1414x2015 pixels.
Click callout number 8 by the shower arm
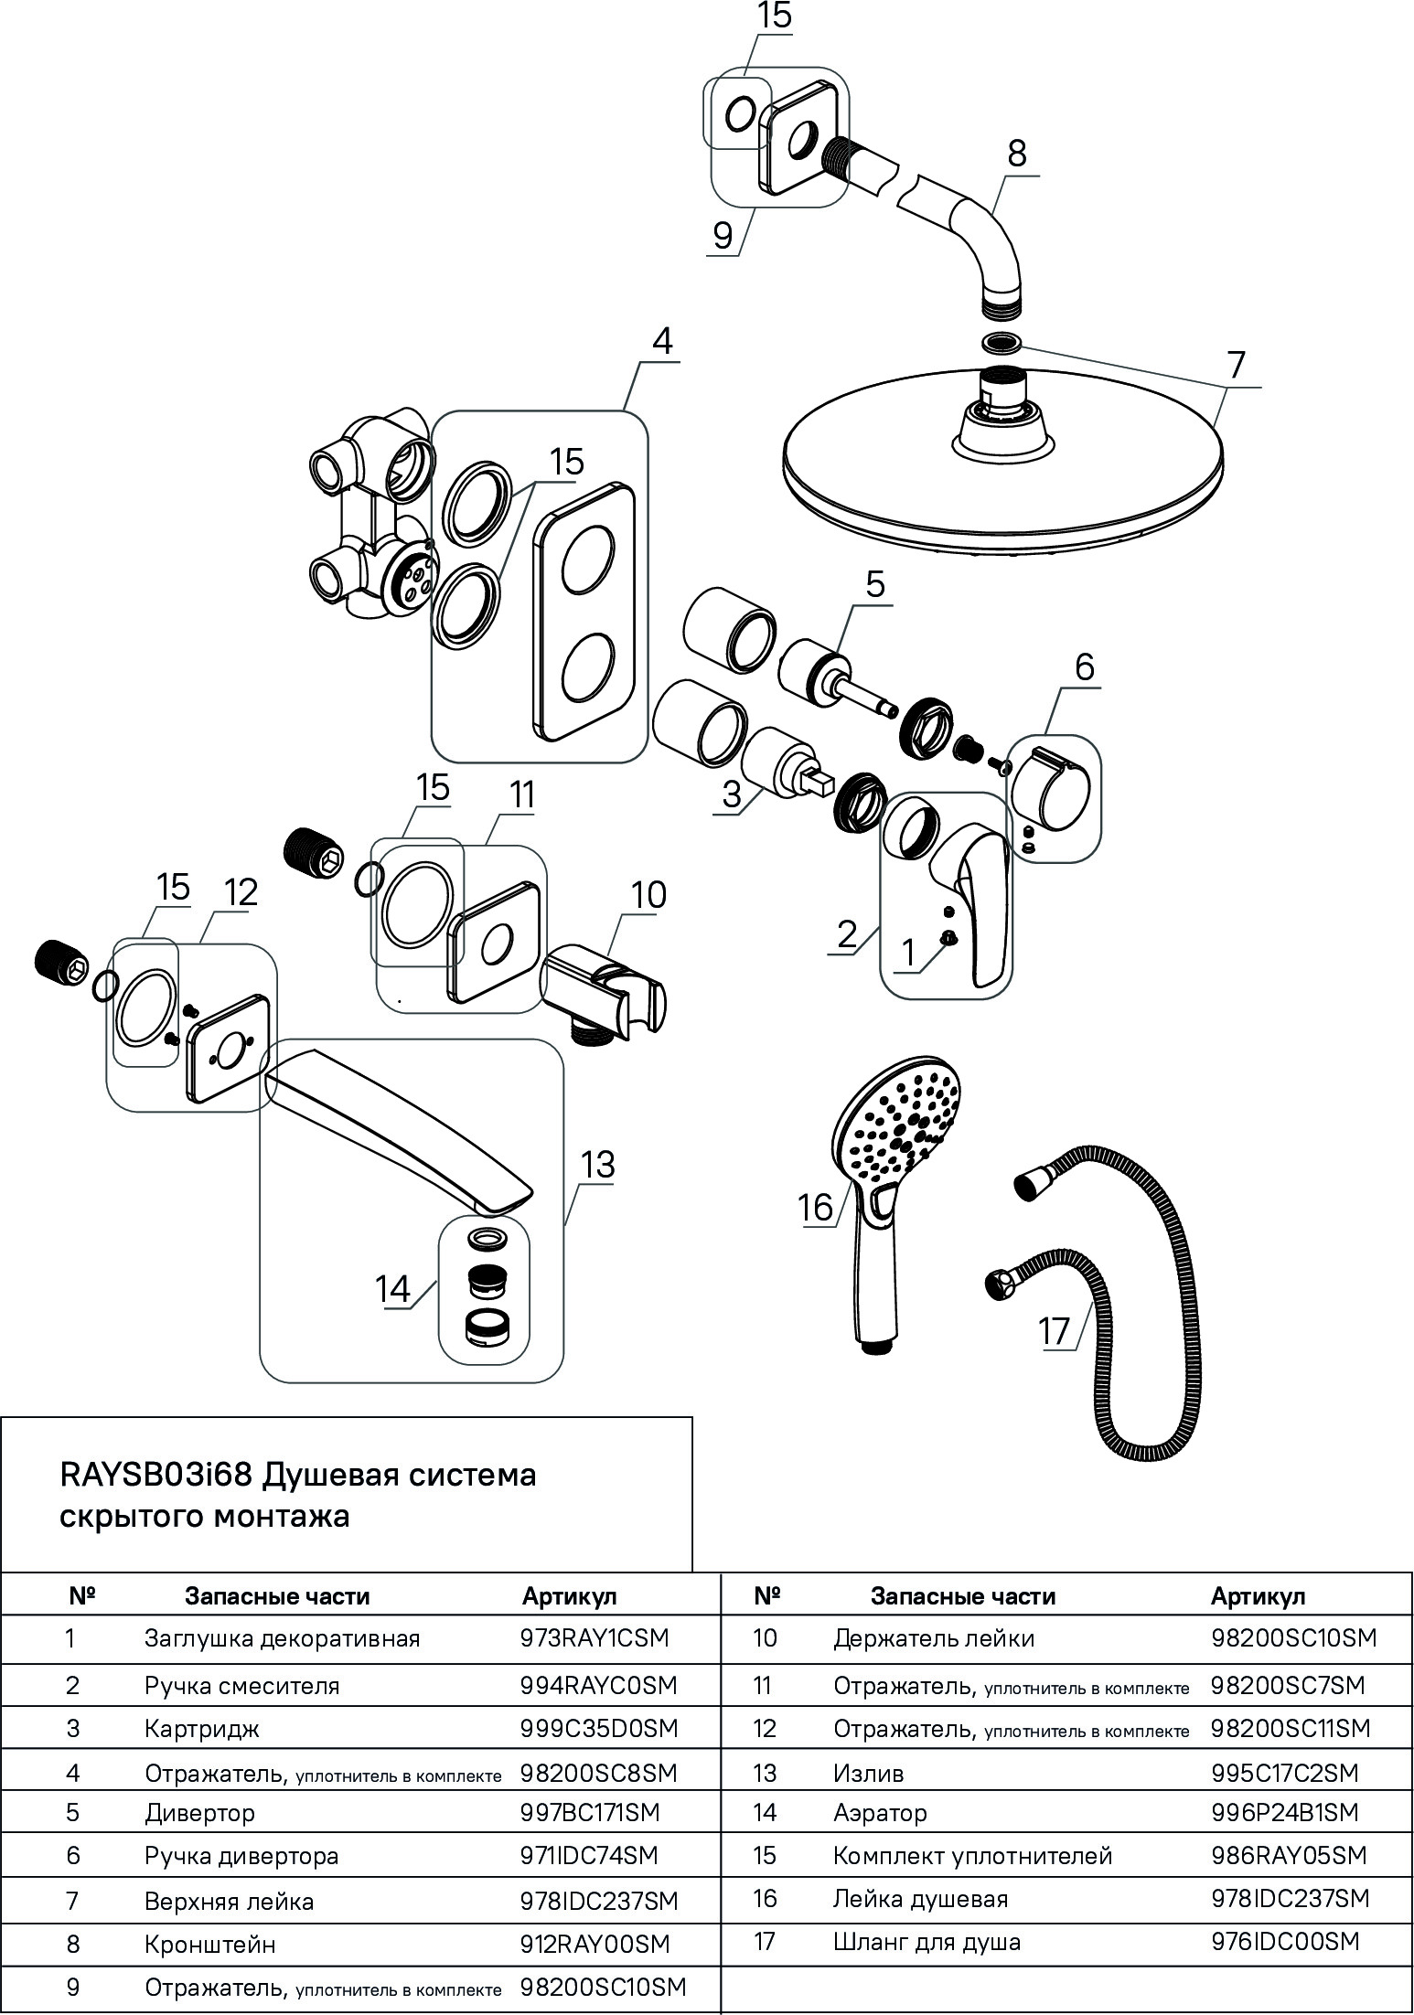(x=1017, y=153)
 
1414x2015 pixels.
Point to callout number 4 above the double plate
(x=661, y=341)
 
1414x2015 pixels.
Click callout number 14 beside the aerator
(x=392, y=1289)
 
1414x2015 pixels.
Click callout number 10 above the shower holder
(x=648, y=894)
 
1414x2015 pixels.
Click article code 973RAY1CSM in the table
(x=595, y=1637)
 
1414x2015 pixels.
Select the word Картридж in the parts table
(x=202, y=1728)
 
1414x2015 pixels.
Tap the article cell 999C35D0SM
(x=598, y=1728)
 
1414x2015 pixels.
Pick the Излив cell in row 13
(x=868, y=1773)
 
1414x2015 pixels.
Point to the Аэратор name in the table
(x=880, y=1812)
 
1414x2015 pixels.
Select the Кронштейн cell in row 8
(x=209, y=1944)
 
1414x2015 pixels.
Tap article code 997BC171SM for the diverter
(x=589, y=1812)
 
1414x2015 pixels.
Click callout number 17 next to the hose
(x=1054, y=1330)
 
